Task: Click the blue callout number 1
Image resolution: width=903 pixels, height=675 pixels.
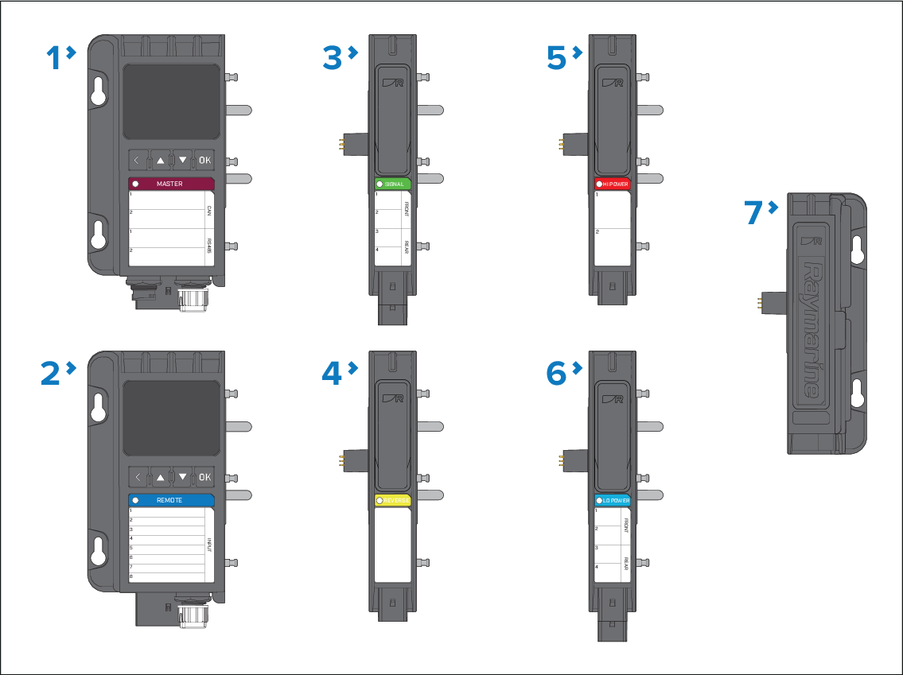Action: (53, 57)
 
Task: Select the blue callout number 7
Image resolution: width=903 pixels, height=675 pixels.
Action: (756, 212)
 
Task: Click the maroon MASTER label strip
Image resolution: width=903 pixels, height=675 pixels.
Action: (172, 184)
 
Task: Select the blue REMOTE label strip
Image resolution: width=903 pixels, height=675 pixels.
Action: (172, 500)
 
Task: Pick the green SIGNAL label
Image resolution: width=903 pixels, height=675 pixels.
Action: (393, 184)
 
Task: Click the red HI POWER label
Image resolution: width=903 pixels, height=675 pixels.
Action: (613, 184)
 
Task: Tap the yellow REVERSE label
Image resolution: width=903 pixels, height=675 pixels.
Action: (393, 501)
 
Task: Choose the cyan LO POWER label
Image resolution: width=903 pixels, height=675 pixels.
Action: (613, 501)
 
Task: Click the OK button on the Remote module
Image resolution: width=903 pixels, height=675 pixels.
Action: (204, 477)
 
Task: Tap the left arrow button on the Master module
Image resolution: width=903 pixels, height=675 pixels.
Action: (137, 161)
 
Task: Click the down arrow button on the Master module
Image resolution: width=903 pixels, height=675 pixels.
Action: (183, 161)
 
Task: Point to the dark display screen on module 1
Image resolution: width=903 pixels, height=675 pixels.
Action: (171, 102)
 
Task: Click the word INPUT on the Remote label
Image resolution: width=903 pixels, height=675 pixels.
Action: (210, 545)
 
